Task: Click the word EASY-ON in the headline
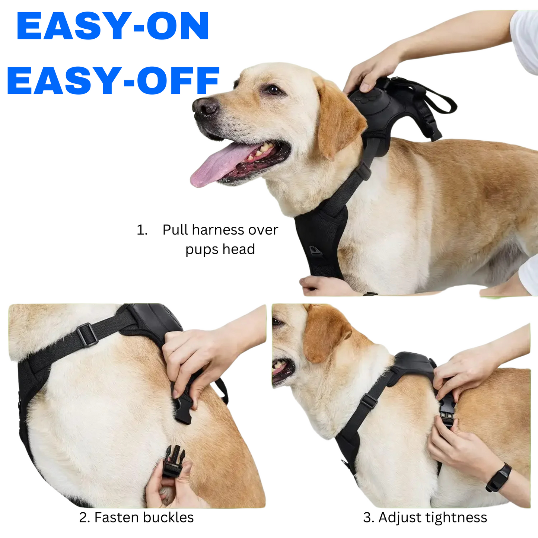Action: [112, 26]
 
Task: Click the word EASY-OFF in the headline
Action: [113, 80]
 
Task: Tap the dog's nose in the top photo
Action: [205, 106]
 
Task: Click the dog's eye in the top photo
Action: [273, 90]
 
